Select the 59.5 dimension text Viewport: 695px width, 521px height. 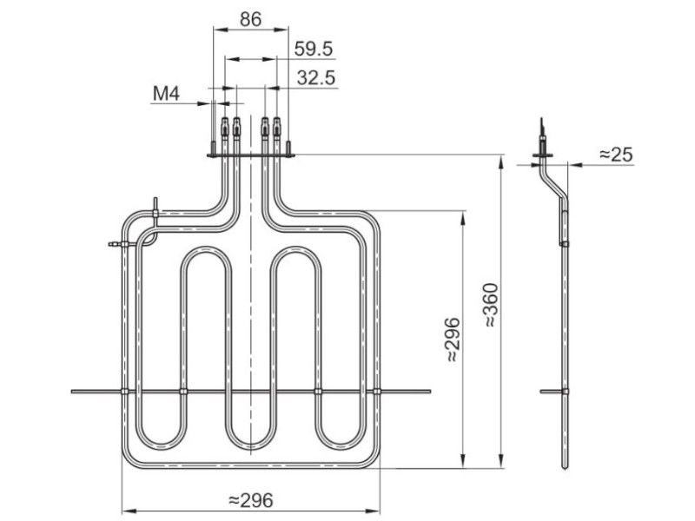point(314,49)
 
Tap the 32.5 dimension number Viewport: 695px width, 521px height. point(316,78)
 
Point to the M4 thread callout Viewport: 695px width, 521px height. point(166,94)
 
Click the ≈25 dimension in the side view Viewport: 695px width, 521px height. point(616,155)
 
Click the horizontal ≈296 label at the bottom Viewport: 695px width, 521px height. point(250,499)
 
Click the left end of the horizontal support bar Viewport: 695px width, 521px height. point(75,392)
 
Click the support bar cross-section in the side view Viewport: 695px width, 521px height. point(560,392)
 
